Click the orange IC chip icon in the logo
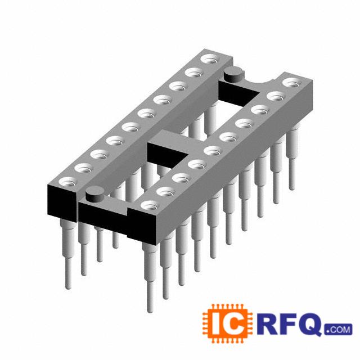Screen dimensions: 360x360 pos(227,324)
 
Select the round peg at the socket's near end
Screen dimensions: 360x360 pos(94,194)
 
